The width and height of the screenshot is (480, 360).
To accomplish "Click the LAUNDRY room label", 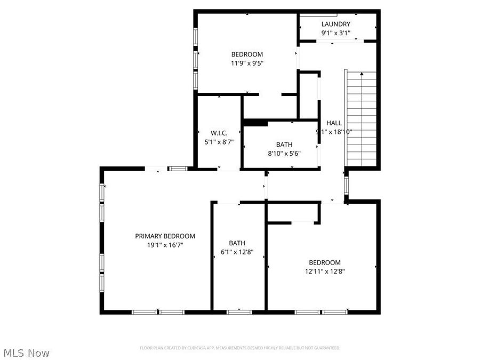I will coord(335,24).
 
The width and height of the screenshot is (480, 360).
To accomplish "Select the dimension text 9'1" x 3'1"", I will coord(335,33).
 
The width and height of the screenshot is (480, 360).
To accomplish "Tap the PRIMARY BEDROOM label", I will coord(165,236).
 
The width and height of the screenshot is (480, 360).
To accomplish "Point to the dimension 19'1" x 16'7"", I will coord(165,245).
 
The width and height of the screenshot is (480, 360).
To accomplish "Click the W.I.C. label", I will coord(219,133).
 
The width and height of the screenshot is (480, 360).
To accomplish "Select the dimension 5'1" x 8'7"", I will coord(219,142).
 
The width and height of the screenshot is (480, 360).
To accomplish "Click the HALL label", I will coord(334,123).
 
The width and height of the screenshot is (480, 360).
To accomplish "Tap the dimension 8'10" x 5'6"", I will coord(284,153).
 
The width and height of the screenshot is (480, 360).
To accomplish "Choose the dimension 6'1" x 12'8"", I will coord(237,252).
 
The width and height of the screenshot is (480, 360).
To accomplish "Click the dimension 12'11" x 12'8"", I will coord(324,271).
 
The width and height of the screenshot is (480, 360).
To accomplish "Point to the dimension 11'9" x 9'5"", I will coord(247,63).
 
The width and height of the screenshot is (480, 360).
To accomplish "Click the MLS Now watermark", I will coord(26,353).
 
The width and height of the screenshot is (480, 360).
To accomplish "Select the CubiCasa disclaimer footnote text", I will coord(240,348).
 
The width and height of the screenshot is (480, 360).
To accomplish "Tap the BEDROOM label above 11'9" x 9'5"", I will coord(247,54).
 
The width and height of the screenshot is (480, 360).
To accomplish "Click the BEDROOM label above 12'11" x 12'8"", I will coord(324,262).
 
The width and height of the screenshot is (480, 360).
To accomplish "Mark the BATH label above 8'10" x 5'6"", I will coord(284,144).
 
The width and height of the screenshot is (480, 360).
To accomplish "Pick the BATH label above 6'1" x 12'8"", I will coord(237,243).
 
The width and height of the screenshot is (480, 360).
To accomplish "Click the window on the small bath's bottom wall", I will coord(239,311).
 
